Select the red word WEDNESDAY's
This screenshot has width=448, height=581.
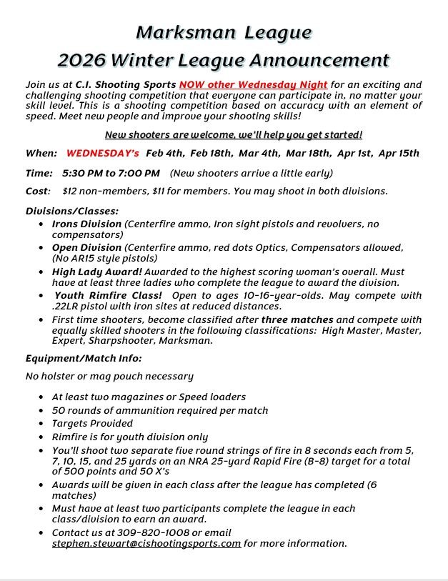click(102, 153)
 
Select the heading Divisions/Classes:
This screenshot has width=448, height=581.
click(72, 211)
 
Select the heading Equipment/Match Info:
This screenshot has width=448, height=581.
click(84, 357)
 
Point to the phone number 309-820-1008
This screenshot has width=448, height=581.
click(154, 532)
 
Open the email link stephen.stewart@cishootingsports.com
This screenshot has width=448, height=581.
click(146, 543)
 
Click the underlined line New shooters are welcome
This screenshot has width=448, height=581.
click(234, 134)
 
